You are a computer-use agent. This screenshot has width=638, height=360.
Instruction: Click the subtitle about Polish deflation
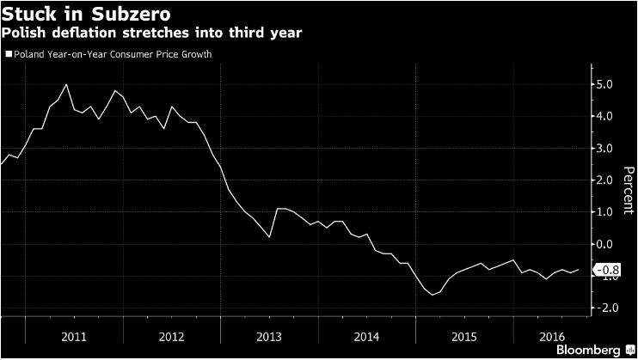tap(141, 34)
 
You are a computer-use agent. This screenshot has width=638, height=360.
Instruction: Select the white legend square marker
tap(9, 54)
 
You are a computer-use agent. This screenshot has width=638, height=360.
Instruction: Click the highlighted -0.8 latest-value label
tap(600, 269)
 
